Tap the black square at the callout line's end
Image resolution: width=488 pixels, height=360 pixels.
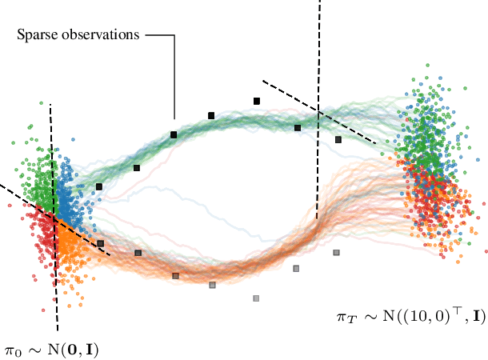(x=174, y=134)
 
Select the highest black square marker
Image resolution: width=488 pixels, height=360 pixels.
(x=257, y=101)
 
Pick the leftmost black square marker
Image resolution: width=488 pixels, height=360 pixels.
(x=99, y=186)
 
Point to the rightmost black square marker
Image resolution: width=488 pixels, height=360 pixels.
(x=338, y=139)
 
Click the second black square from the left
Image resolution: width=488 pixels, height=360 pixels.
(x=137, y=168)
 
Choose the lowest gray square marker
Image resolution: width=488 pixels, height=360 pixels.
(x=256, y=298)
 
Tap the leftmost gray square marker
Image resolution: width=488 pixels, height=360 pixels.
(x=101, y=243)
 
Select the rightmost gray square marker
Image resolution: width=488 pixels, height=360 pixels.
(x=336, y=253)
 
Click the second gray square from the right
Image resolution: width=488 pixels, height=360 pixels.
(x=296, y=268)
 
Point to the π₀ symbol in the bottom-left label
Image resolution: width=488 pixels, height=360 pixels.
(x=11, y=350)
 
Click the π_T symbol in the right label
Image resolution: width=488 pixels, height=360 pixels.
(x=343, y=317)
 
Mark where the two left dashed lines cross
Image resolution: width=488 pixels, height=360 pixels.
(x=54, y=216)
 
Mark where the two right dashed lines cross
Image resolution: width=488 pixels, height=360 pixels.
(x=318, y=110)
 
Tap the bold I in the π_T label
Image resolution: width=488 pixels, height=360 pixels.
(x=478, y=317)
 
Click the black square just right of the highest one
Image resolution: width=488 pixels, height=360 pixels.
(x=298, y=127)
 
